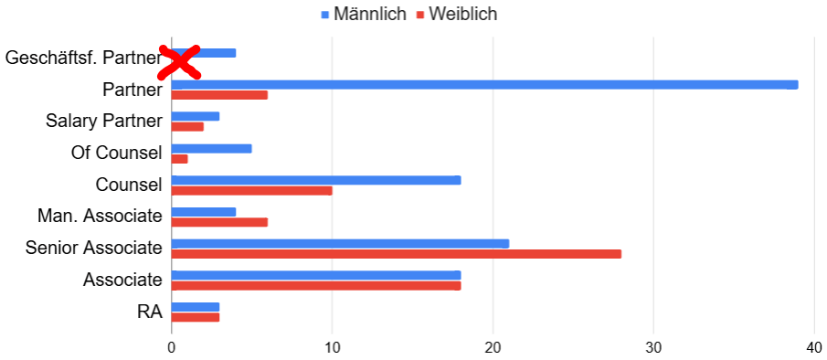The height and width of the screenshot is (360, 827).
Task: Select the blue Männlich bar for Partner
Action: (x=484, y=85)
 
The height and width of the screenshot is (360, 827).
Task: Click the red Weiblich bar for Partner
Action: (x=219, y=95)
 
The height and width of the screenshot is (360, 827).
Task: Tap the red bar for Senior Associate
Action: (x=396, y=254)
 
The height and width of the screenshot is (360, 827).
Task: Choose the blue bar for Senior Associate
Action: (x=340, y=244)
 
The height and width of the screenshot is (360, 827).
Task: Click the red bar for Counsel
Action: (x=251, y=191)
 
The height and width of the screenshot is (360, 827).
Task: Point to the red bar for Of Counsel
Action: (x=179, y=159)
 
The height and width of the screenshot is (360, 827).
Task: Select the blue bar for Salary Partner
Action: (x=196, y=117)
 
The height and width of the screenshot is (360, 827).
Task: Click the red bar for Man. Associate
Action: (x=219, y=222)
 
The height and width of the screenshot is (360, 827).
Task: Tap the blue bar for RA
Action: (x=196, y=307)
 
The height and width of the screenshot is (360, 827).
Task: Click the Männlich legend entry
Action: (x=363, y=15)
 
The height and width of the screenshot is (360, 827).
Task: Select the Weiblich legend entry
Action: (x=457, y=15)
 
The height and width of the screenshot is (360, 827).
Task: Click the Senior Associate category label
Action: (x=94, y=248)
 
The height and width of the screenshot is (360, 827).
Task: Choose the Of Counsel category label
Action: (x=116, y=153)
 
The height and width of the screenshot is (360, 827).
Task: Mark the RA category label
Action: (x=150, y=311)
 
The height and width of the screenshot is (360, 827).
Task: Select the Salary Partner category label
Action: (x=104, y=121)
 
